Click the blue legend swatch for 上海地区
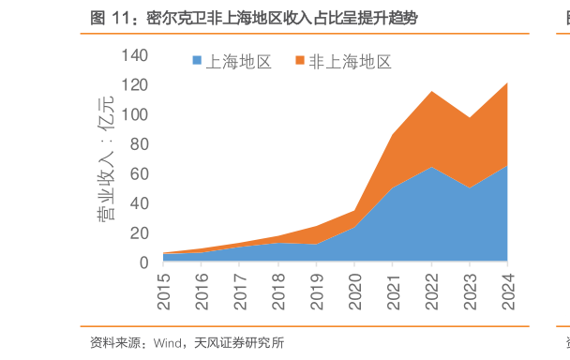[197, 62]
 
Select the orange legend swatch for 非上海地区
[300, 62]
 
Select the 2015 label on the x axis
[165, 288]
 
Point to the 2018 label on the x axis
[279, 288]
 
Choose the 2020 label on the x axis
[355, 288]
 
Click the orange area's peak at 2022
[431, 92]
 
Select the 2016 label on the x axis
[203, 288]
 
